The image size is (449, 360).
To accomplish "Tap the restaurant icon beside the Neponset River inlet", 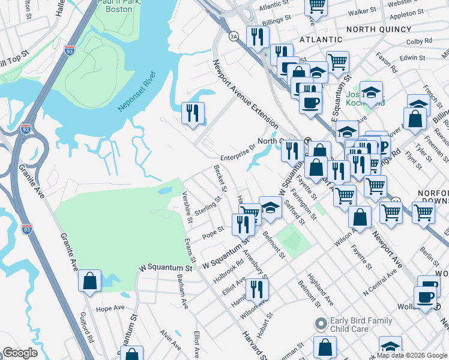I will coord(193,113).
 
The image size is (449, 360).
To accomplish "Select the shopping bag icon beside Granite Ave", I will coord(89,281).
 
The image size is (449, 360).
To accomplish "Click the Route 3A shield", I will coord(234,37).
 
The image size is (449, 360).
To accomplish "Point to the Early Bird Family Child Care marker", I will coord(321,325).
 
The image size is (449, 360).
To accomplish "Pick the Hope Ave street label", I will coord(110,308).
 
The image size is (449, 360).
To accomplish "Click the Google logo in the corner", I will coord(20,353).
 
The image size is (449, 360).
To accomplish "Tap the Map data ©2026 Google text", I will coord(412,355).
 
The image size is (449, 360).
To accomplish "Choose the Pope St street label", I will coord(213,233).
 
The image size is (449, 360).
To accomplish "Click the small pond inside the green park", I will coord(164,191).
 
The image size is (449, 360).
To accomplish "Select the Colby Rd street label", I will coord(427,41).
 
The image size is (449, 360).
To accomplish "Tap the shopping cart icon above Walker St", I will coord(316,6).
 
